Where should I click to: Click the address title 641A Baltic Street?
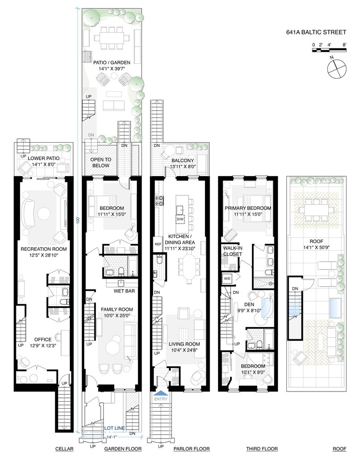[x=316, y=33]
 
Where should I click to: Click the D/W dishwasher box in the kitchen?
[x=180, y=219]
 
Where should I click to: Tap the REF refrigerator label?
[x=157, y=244]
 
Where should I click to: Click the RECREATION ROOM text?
[x=44, y=249]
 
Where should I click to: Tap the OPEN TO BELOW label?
[x=100, y=162]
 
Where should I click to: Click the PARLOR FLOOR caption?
[x=186, y=449]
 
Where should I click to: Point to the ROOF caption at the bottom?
[x=340, y=449]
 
